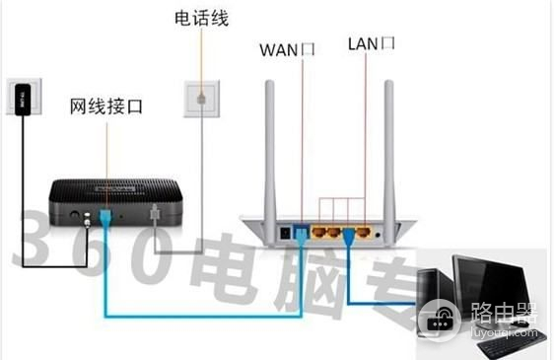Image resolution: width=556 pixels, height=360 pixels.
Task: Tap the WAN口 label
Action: (x=287, y=49)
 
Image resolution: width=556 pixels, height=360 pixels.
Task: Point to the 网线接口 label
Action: (x=106, y=105)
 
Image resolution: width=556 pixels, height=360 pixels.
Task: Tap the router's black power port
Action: (x=285, y=234)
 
